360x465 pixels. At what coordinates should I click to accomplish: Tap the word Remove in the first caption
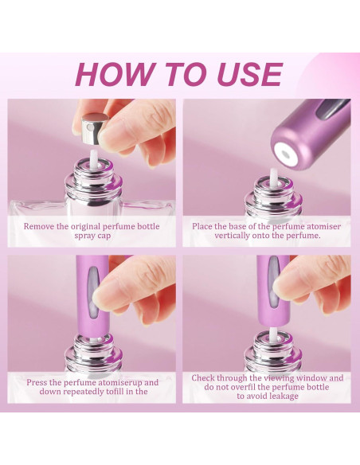pos(40,226)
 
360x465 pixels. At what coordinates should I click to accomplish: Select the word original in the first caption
pos(95,226)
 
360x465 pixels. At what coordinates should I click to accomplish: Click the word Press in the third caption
pos(39,382)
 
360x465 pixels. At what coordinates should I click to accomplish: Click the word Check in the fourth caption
pos(205,378)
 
